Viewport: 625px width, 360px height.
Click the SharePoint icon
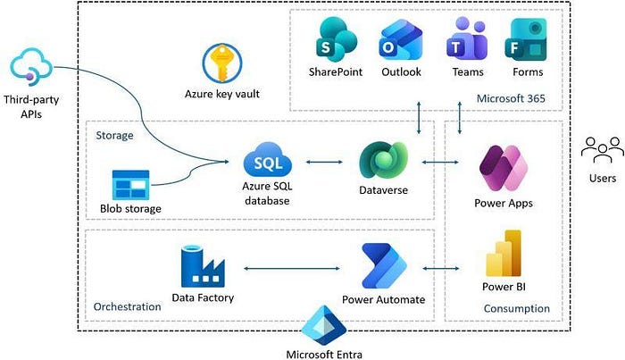[x=337, y=39]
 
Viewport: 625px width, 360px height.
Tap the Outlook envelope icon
[x=401, y=40]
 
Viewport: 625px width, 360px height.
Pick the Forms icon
[x=526, y=39]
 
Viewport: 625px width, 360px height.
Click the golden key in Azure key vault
[x=221, y=63]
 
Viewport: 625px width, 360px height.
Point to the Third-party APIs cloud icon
[x=31, y=66]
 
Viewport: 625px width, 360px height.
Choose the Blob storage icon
[x=130, y=185]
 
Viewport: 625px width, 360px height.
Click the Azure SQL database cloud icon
[x=268, y=160]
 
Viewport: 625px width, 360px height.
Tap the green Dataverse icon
[x=383, y=160]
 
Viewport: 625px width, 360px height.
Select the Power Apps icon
[x=504, y=168]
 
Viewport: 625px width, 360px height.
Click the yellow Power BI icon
[x=504, y=253]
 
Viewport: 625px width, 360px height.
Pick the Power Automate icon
[x=383, y=266]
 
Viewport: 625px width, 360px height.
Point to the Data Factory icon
[x=203, y=266]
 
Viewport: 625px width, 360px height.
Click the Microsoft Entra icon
[x=324, y=325]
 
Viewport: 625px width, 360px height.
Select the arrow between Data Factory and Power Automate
[x=292, y=268]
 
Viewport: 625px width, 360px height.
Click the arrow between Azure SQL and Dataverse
[x=324, y=162]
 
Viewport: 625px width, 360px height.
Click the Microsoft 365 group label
[x=511, y=98]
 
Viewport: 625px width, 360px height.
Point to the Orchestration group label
[x=127, y=306]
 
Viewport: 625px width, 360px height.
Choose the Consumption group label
[x=517, y=308]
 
